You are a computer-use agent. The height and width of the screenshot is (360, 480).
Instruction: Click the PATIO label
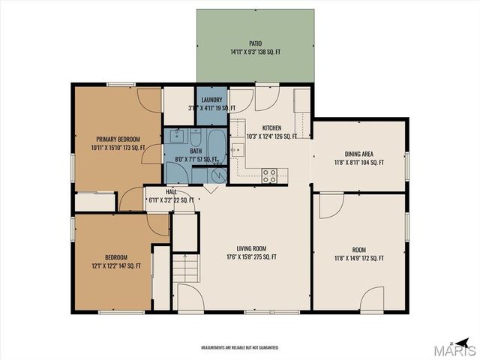coord(256,44)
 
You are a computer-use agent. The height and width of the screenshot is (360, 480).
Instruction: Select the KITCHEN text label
coord(271,128)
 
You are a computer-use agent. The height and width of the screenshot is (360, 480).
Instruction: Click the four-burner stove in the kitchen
coord(269,175)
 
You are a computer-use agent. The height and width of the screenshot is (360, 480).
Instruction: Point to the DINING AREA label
coord(358,153)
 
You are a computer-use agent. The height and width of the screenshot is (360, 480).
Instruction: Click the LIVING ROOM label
coord(251,248)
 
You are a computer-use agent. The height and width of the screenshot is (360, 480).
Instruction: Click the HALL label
coord(172,192)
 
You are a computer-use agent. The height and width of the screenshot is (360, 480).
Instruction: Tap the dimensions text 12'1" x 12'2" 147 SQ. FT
coord(112,265)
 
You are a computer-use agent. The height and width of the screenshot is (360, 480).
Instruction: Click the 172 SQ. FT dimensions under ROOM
coord(358,258)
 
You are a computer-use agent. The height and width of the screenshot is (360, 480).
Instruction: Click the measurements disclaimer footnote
coord(240,348)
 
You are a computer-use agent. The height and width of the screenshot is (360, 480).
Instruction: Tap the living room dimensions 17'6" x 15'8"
coord(251,257)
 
